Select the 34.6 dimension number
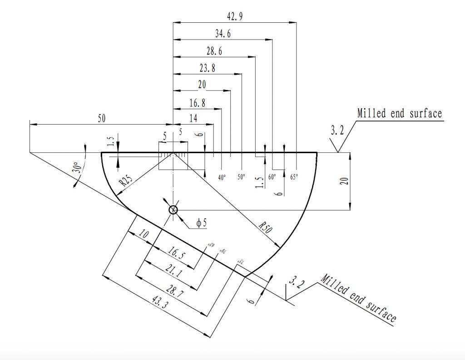(x=223, y=33)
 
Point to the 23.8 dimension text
(x=207, y=68)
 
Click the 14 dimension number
(x=193, y=118)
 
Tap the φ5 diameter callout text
(x=201, y=224)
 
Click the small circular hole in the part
(x=173, y=210)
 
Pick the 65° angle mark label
(x=294, y=178)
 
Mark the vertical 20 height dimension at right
(x=345, y=181)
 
